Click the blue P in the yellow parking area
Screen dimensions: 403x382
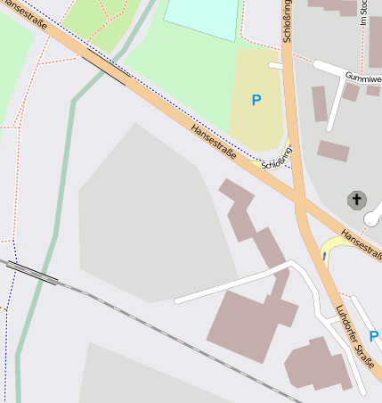(256, 101)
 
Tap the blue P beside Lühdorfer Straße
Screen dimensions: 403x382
(373, 336)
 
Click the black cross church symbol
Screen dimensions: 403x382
(357, 199)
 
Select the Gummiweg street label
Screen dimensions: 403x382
(363, 78)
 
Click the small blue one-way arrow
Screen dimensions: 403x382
(324, 256)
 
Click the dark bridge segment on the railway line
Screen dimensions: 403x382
(34, 273)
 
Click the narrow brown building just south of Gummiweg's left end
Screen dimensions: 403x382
(320, 104)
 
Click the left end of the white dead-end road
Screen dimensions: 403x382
(178, 300)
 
